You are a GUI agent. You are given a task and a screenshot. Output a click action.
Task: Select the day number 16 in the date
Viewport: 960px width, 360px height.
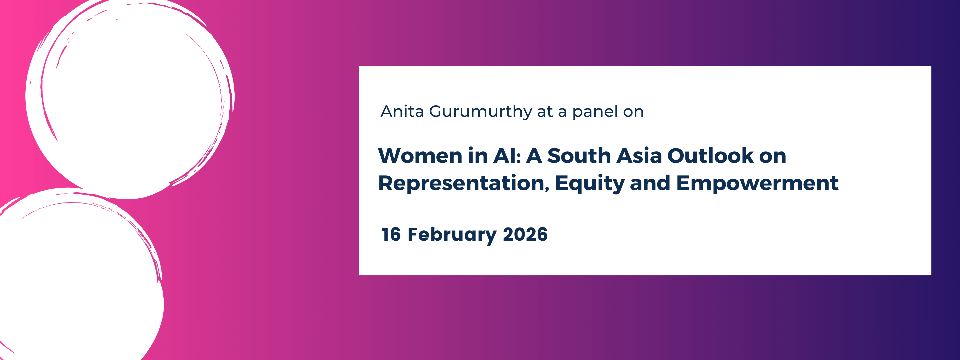tap(391, 234)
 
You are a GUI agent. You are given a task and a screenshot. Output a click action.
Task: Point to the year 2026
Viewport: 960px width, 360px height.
tap(525, 234)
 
